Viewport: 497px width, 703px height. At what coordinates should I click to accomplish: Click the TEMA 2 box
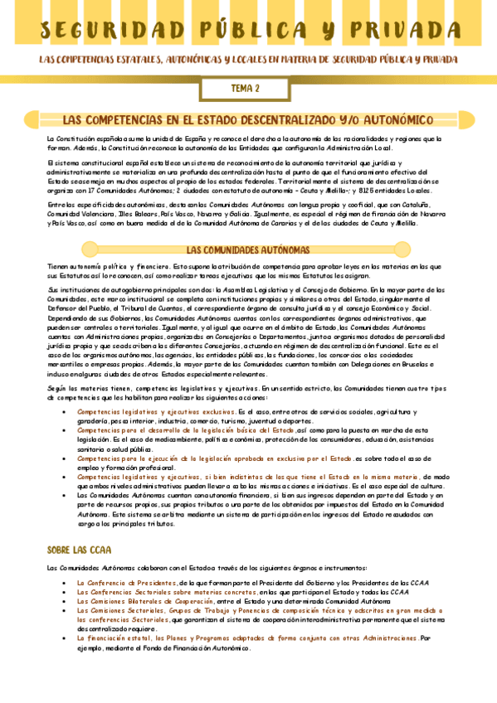point(245,88)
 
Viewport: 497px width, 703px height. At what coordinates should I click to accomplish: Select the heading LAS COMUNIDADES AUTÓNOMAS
point(248,250)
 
